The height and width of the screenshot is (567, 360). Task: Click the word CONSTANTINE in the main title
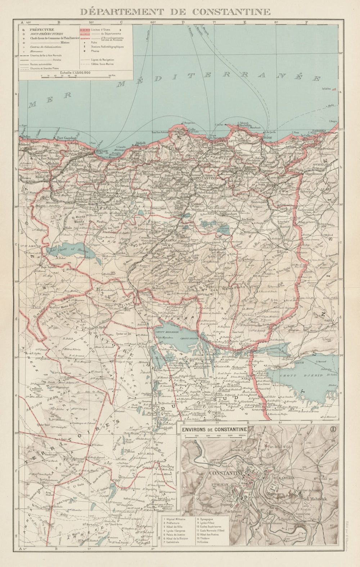tap(231, 11)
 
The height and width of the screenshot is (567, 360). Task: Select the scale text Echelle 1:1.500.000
tap(75, 72)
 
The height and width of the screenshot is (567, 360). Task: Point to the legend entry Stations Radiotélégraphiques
tap(107, 47)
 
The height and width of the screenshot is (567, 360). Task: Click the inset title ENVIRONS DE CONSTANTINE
tap(215, 429)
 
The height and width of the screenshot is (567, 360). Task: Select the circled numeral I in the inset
tap(333, 429)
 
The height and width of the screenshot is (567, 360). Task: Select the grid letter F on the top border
tap(306, 22)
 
